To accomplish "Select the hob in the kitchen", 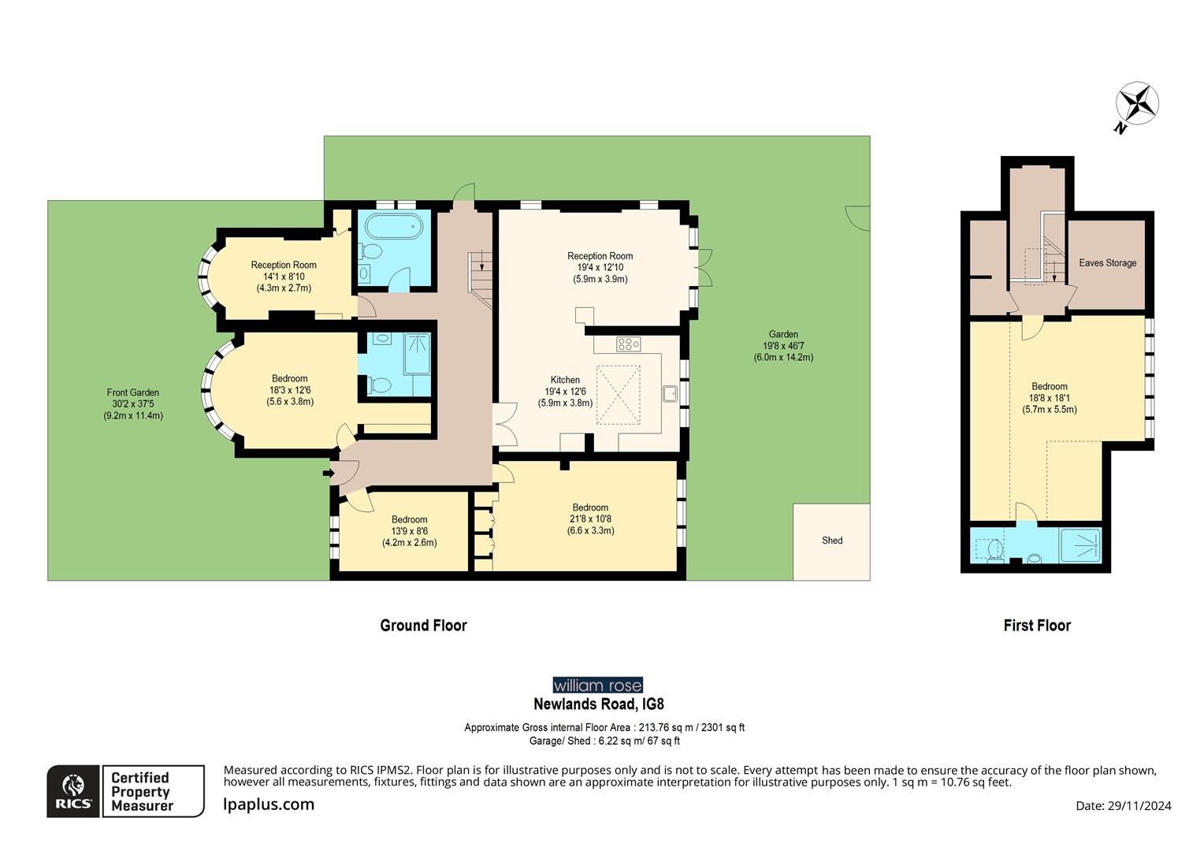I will pos(628,344).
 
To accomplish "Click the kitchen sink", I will pos(671,393).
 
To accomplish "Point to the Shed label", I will pos(832,541).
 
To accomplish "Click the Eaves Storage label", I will pos(1107,263).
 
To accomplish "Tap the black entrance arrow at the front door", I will pos(328,473).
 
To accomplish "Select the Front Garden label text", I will pos(133,392).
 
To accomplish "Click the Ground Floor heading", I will pos(423,626).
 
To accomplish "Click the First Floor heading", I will pos(1036,626).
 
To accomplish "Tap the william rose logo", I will pos(597,686).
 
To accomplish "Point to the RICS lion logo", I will pos(73,791).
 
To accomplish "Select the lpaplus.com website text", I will pos(269,805).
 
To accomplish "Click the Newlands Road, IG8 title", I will pos(598,704).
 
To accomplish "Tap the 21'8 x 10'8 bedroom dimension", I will pos(590,519).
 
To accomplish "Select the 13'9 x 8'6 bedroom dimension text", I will pos(409,531).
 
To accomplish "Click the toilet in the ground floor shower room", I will pos(381,385).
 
